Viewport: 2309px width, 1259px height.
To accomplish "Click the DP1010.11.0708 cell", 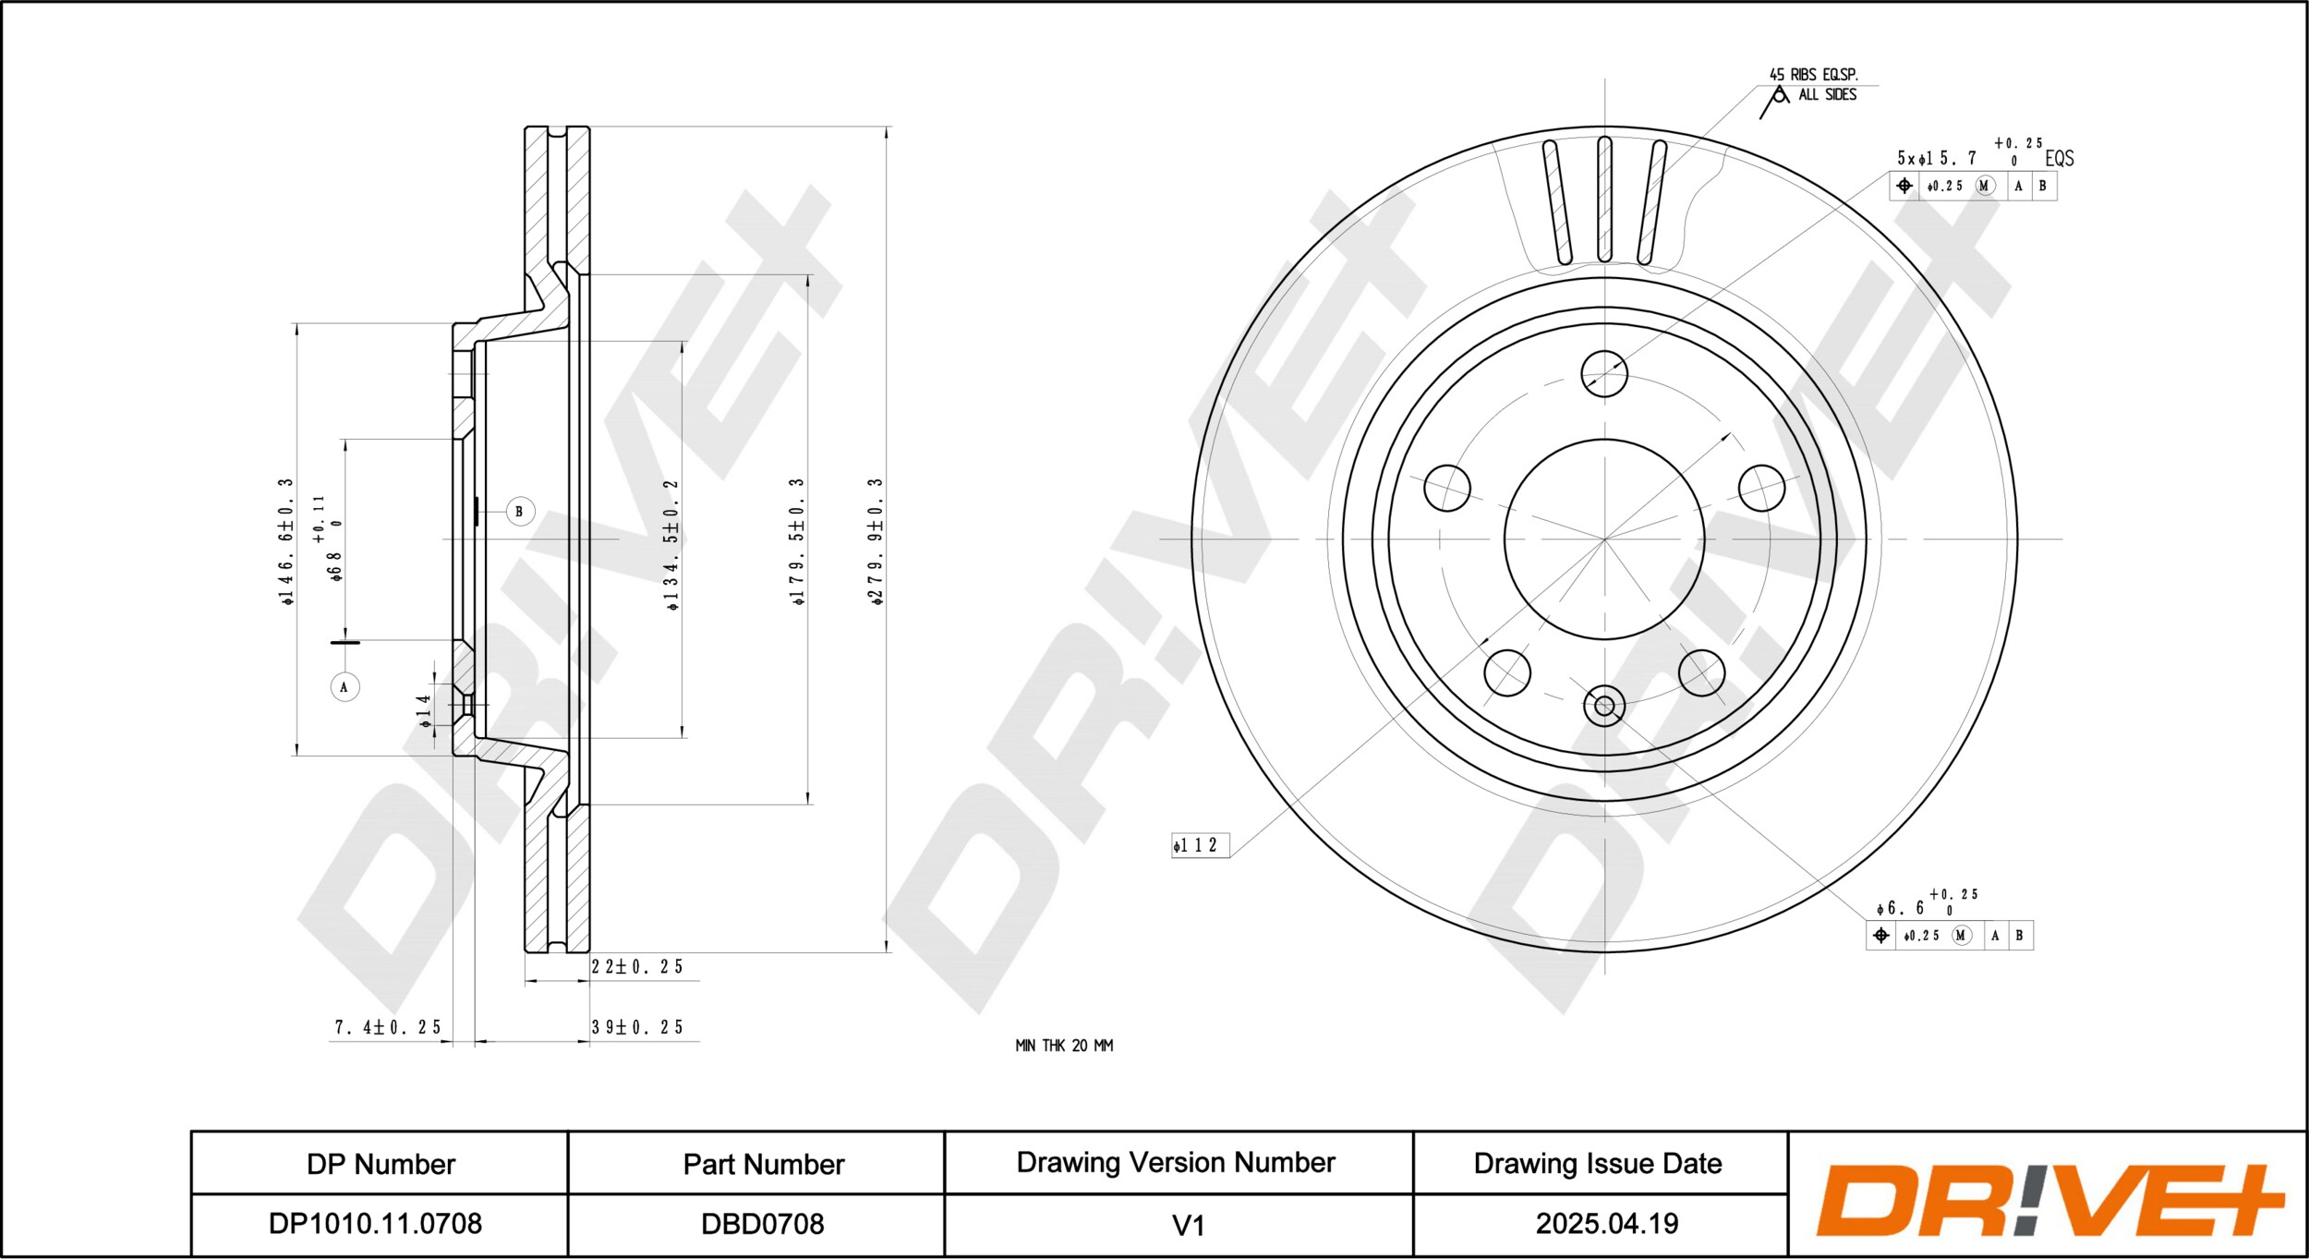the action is click(x=375, y=1224).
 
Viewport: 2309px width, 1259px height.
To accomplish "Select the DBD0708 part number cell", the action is click(x=762, y=1224).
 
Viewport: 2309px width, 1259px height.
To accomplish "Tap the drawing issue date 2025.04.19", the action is click(x=1606, y=1224).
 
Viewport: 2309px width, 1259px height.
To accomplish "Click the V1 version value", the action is click(x=1188, y=1226).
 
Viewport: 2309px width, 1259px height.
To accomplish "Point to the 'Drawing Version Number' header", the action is click(x=1176, y=1163).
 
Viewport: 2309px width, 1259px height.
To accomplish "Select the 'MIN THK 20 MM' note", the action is click(x=1064, y=1046).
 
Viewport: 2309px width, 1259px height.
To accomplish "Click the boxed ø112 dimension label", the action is click(x=1201, y=845).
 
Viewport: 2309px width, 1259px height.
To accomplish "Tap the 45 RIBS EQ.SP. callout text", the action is click(x=1813, y=74).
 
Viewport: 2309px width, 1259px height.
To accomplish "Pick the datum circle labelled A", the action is click(x=345, y=687).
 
